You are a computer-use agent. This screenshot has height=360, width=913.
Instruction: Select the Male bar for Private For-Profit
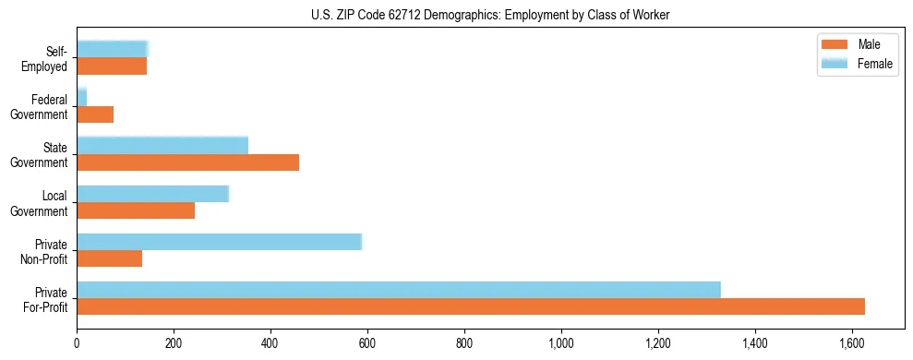[471, 306]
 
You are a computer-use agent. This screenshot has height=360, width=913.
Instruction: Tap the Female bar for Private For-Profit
[399, 290]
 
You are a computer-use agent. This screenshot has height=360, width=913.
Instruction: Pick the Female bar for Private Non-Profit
[219, 242]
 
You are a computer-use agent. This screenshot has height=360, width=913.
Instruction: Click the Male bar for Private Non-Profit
[110, 258]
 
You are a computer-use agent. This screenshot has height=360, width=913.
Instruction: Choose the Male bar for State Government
[187, 162]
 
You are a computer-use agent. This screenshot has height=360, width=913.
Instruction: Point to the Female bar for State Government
[162, 146]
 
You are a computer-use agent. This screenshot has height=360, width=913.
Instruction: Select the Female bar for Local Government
[152, 194]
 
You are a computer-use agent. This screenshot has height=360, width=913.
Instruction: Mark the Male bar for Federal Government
[95, 114]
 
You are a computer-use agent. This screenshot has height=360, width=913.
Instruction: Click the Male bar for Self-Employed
[112, 66]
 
